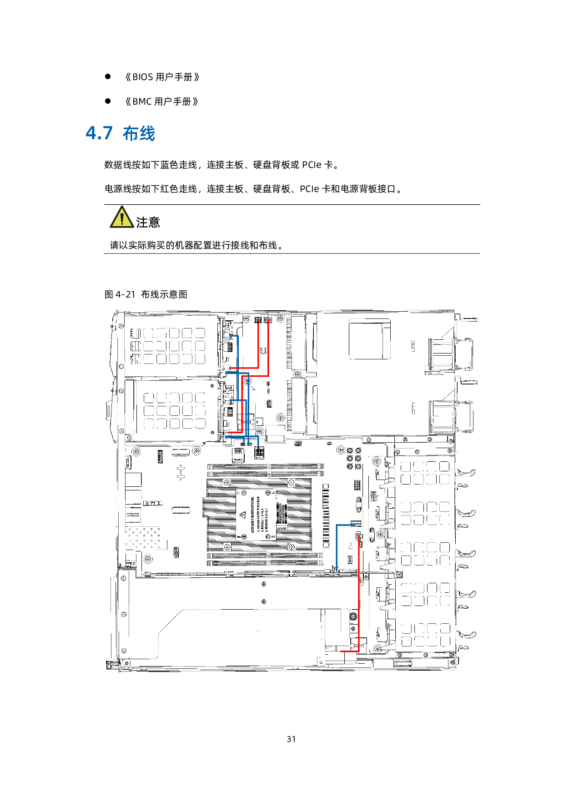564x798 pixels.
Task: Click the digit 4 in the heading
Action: tap(91, 133)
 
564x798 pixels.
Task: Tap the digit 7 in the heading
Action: tap(108, 133)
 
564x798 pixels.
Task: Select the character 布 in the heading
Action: tap(130, 134)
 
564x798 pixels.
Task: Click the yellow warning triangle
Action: tap(122, 217)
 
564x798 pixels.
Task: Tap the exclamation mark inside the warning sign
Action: tap(122, 219)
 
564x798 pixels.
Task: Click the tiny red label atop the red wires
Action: tap(258, 321)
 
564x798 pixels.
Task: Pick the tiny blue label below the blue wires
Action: tap(258, 450)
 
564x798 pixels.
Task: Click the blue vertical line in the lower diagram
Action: tap(337, 548)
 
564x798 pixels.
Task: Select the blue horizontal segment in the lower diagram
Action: tap(346, 525)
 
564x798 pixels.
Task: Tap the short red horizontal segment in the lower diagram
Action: tap(349, 652)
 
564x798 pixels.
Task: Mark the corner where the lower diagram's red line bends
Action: tap(359, 652)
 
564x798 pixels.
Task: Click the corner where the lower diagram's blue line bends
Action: tap(337, 525)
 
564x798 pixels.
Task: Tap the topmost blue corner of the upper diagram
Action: tap(238, 336)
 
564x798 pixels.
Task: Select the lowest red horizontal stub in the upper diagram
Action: tap(236, 432)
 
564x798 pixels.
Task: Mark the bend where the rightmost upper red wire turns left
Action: tap(268, 376)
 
